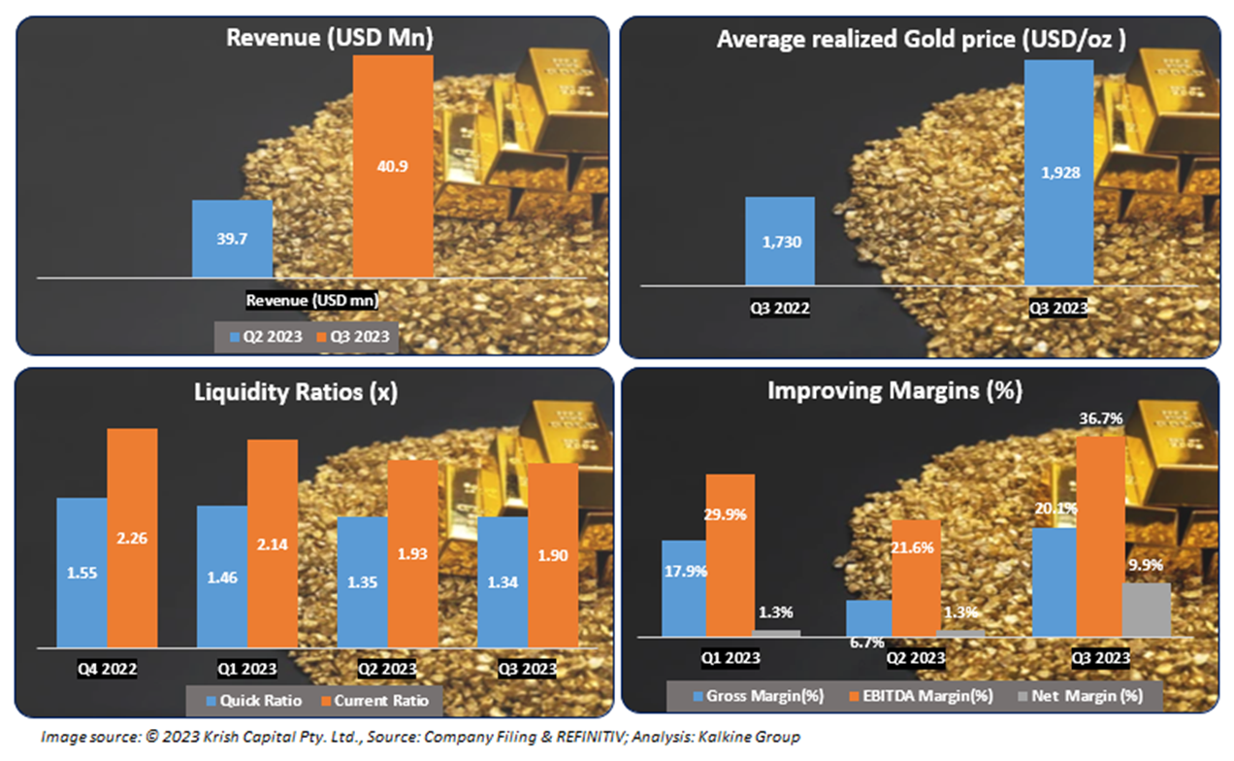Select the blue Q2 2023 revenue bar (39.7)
(x=232, y=239)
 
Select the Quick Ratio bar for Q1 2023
(x=222, y=576)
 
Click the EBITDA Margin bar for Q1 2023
(x=729, y=554)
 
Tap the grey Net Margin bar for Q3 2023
(x=1146, y=610)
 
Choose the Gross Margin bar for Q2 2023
(x=868, y=618)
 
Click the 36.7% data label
(x=1099, y=419)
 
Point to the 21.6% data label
(x=914, y=548)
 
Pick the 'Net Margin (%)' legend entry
(x=1097, y=695)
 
